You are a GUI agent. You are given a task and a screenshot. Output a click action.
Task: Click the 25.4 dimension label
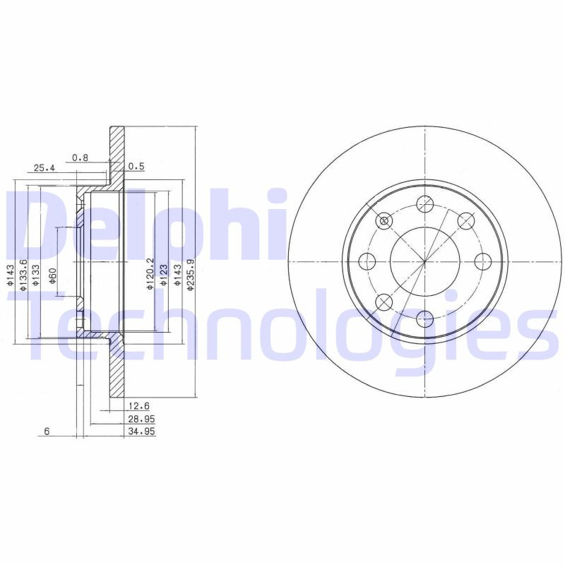44,168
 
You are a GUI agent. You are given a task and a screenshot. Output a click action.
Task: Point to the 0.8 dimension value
81,157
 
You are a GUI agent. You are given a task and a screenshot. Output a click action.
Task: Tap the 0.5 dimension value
136,167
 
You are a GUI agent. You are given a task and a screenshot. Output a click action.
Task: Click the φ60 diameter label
53,276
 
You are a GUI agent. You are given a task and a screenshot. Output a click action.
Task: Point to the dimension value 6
46,431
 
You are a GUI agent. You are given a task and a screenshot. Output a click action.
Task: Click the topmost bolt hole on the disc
424,203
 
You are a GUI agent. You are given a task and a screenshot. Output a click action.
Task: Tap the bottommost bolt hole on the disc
424,318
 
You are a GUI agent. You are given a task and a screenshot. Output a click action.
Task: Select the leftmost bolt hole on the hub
367,261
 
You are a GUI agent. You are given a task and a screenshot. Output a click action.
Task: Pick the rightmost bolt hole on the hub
483,261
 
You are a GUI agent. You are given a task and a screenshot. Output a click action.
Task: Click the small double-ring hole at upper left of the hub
383,221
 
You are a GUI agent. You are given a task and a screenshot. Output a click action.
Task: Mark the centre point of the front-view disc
424,261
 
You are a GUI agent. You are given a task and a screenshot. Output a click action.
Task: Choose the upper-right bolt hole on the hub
465,221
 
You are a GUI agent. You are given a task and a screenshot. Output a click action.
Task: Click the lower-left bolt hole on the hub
383,302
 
